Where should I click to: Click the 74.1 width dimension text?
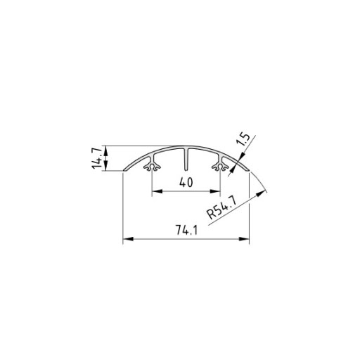point(187,230)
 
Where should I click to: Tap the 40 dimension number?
point(186,182)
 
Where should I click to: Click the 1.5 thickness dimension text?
point(243,140)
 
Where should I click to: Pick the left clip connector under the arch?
point(152,166)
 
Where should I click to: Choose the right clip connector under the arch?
point(220,166)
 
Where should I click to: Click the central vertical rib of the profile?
point(186,160)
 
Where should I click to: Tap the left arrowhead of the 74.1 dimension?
point(128,239)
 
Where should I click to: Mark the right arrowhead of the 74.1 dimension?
point(244,239)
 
